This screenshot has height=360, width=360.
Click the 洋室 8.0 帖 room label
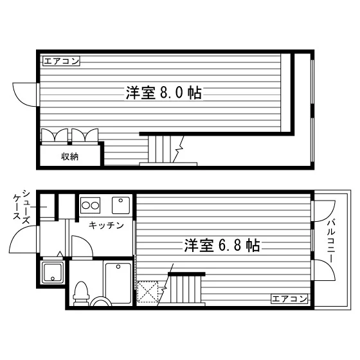(x=164, y=93)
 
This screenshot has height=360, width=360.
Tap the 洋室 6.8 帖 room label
(x=222, y=245)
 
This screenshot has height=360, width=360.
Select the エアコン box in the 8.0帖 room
(x=61, y=61)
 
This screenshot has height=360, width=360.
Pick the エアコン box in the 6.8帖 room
(x=289, y=299)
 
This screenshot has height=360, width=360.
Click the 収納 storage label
(x=70, y=157)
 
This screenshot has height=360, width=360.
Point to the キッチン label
(x=106, y=225)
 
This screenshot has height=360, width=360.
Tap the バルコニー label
(x=331, y=241)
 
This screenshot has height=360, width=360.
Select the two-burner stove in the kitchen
(x=90, y=205)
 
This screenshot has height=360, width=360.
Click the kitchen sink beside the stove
(x=121, y=205)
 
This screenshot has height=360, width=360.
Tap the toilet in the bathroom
(x=81, y=293)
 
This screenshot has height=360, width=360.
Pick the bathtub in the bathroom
(x=118, y=283)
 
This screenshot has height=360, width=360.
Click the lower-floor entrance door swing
(x=23, y=239)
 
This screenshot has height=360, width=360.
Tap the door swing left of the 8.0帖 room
(x=24, y=94)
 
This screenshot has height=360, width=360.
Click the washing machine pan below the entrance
(x=53, y=273)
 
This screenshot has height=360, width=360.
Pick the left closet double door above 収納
(x=55, y=136)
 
